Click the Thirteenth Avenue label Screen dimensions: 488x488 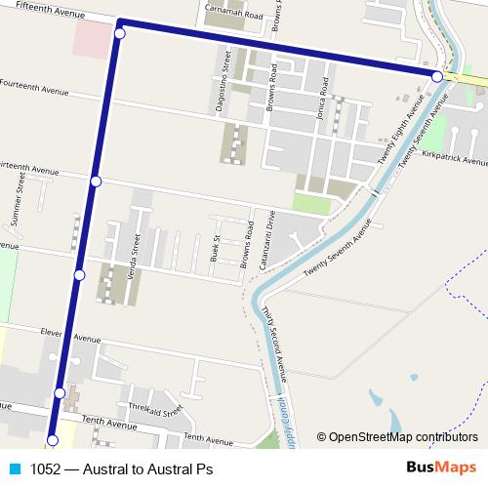point(29,167)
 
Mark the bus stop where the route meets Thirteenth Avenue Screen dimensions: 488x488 point(96,182)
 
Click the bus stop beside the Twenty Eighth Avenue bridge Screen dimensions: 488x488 point(437,75)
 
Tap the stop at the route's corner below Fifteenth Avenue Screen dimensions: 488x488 point(120,34)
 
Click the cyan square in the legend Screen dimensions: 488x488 point(15,468)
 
